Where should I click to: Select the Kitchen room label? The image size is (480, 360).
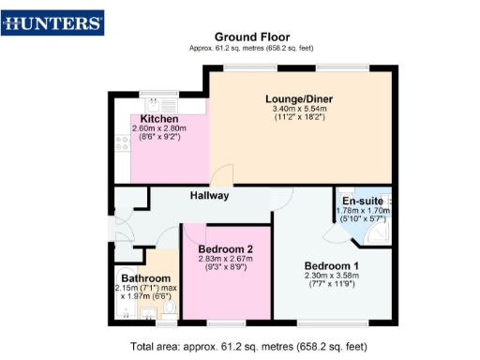click(x=159, y=119)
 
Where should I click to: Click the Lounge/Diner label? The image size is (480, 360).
click(x=299, y=99)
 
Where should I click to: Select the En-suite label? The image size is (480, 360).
click(x=360, y=202)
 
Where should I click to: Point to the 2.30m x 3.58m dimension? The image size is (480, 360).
click(x=330, y=276)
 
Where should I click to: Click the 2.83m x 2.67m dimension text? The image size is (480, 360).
click(x=226, y=260)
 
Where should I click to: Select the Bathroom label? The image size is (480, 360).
click(x=144, y=278)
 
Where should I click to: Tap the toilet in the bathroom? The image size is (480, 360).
click(x=169, y=307)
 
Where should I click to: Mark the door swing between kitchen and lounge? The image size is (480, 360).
click(x=222, y=176)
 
